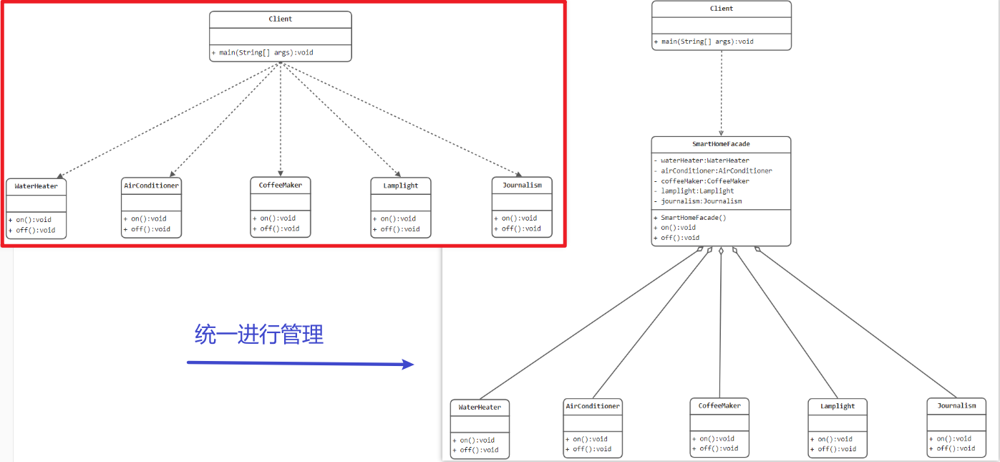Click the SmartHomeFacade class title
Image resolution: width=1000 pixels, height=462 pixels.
click(721, 144)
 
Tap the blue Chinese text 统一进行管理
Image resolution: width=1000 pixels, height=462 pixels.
click(259, 334)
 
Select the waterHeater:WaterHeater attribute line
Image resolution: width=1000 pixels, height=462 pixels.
click(704, 160)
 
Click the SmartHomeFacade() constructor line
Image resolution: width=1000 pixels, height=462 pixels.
click(693, 217)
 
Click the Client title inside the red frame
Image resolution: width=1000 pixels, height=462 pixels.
click(281, 19)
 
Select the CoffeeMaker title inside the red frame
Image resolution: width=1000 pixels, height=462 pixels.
click(281, 185)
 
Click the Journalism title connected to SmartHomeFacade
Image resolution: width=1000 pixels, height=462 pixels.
click(956, 405)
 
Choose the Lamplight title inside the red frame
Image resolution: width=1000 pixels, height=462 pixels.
click(401, 186)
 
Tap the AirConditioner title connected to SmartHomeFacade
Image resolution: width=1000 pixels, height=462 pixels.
click(593, 406)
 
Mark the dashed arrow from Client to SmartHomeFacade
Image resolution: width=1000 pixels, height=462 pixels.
click(721, 93)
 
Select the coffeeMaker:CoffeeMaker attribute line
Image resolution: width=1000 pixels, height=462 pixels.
click(705, 181)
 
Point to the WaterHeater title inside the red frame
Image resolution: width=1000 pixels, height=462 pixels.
click(36, 186)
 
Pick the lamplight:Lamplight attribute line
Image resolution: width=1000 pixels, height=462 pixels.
click(697, 191)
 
